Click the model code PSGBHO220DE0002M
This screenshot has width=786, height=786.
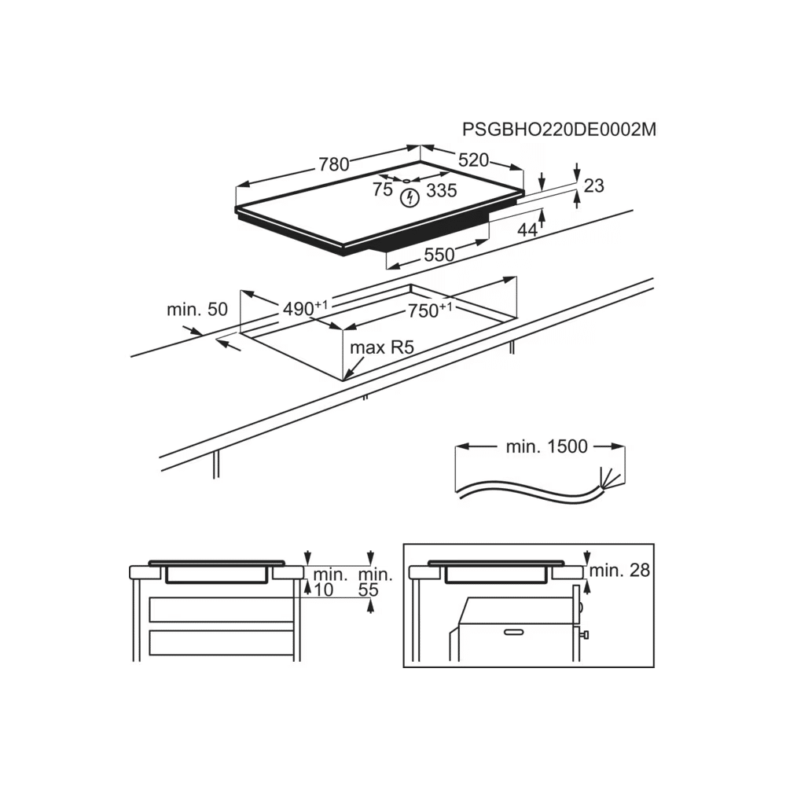click(x=559, y=130)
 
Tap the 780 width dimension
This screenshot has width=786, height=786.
click(x=334, y=164)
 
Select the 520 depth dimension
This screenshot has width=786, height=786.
click(x=473, y=160)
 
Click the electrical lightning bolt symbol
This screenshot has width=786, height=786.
click(x=410, y=198)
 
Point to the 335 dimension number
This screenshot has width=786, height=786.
click(x=442, y=190)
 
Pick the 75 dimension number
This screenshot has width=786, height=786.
click(x=383, y=189)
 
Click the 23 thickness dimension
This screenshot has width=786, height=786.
click(x=594, y=185)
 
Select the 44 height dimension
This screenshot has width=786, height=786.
click(x=527, y=230)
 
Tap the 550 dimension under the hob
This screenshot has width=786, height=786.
click(x=439, y=255)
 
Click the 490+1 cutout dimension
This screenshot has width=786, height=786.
click(x=305, y=308)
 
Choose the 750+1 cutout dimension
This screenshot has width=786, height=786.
click(x=430, y=310)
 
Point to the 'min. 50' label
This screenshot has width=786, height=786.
click(x=197, y=309)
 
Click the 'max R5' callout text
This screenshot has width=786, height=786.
click(x=382, y=347)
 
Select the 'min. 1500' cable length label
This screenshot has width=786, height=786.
click(x=546, y=446)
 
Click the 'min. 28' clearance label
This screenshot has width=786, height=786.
click(x=619, y=570)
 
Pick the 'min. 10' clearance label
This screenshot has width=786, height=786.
click(x=330, y=582)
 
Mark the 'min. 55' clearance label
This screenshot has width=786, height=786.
click(x=376, y=582)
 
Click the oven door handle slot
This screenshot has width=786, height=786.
click(x=514, y=632)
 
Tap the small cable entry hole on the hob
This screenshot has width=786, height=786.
click(x=406, y=181)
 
